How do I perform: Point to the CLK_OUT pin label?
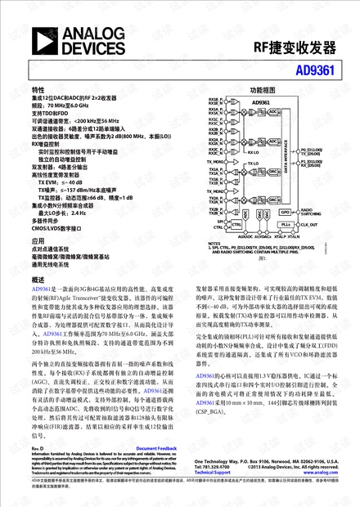tap(309, 223)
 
